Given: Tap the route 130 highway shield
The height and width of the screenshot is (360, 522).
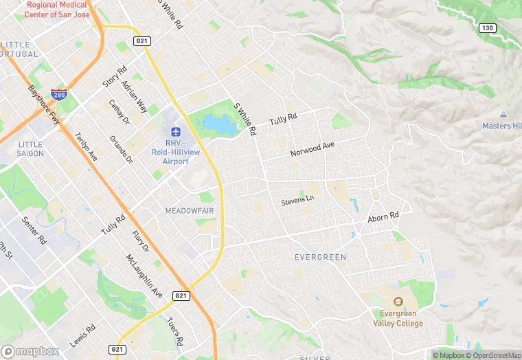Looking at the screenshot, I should tap(487, 27).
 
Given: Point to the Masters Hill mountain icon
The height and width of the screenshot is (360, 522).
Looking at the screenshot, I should tap(503, 115).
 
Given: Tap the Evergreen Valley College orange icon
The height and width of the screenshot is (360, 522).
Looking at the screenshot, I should tap(398, 302).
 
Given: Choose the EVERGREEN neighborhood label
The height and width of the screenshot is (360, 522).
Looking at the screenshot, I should tap(320, 257).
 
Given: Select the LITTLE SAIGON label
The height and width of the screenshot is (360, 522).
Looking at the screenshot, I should tap(31, 148).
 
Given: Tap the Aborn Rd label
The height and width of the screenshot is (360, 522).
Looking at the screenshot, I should tap(383, 217).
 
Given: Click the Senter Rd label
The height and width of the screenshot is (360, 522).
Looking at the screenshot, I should tap(34, 232).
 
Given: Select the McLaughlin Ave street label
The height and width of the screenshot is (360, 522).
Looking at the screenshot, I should tap(144, 275).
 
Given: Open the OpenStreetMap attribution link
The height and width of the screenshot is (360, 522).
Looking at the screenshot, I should tap(492, 355).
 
